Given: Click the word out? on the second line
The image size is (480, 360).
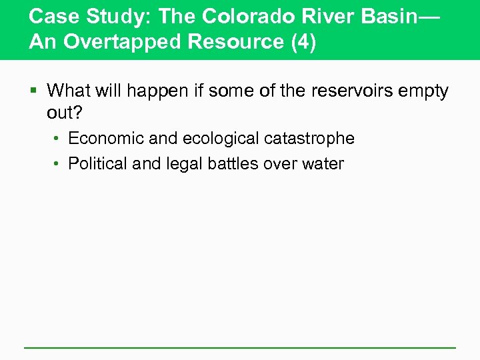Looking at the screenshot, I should pos(65,113).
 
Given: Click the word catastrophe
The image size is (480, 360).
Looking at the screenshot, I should pos(309,139).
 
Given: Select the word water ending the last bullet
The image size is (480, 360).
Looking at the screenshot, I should pos(323,163).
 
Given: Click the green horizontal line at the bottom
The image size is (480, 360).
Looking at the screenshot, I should pos(240,347).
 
